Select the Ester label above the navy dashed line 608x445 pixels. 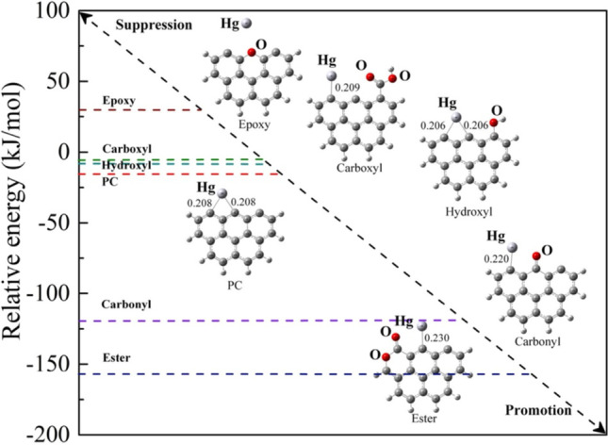coord(117,358)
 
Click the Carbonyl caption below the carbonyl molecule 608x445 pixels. coord(535,344)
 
